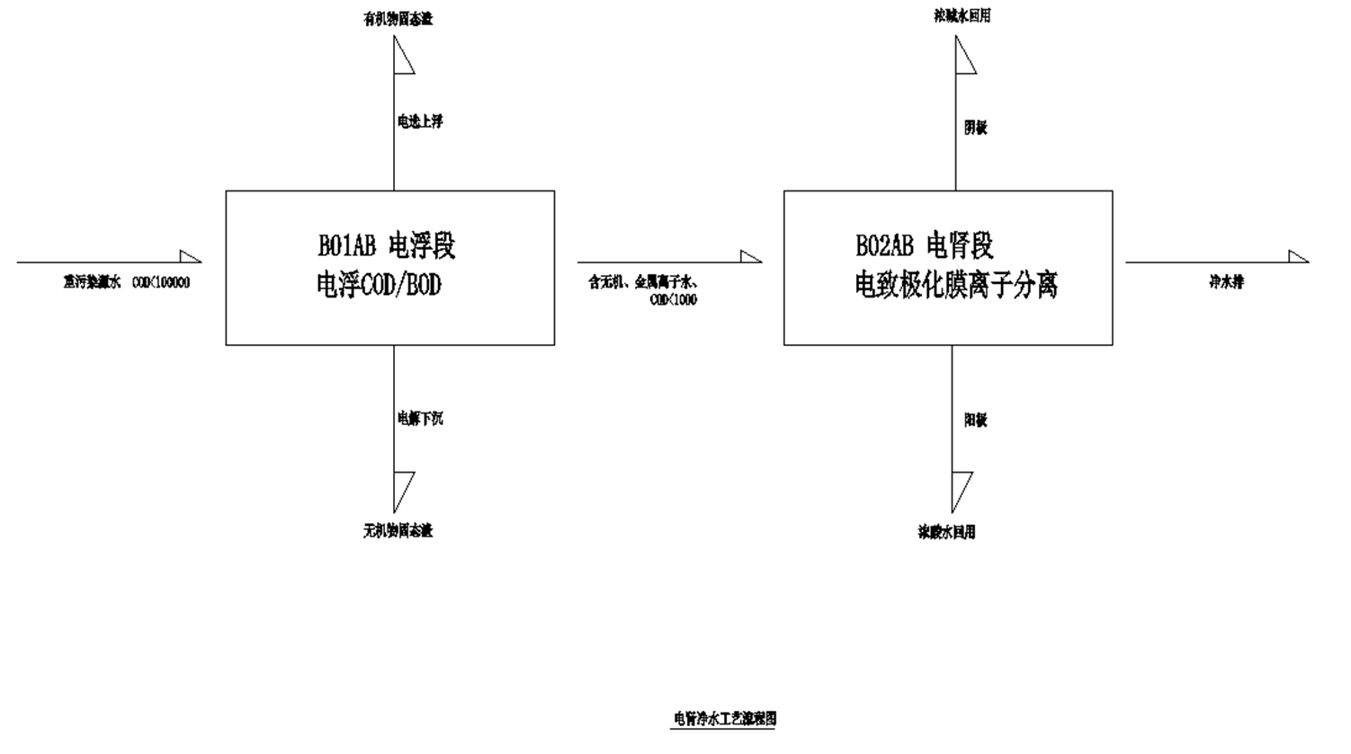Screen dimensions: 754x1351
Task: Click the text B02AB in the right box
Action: click(884, 245)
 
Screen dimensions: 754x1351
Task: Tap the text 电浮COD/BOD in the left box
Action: click(379, 286)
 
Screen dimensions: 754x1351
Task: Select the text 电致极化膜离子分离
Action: click(956, 286)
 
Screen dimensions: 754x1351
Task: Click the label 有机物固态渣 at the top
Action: click(398, 19)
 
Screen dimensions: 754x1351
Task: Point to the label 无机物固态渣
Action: click(398, 531)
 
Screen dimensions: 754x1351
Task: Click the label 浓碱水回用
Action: click(962, 16)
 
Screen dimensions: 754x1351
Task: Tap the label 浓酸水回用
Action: click(947, 532)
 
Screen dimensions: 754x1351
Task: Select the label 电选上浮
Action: click(420, 121)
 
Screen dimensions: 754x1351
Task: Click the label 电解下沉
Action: click(420, 418)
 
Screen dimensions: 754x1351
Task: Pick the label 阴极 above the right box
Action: click(976, 128)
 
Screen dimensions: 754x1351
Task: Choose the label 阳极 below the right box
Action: click(976, 420)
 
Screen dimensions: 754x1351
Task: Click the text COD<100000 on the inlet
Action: click(161, 282)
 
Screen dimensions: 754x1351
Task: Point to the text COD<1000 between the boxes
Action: click(673, 299)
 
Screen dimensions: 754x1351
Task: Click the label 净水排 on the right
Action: click(1226, 282)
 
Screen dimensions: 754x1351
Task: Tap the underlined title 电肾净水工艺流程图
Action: click(725, 719)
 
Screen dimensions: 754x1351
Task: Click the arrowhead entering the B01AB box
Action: click(190, 257)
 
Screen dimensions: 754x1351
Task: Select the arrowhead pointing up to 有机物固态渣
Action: click(402, 57)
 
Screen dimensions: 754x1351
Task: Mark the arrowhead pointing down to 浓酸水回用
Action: click(961, 490)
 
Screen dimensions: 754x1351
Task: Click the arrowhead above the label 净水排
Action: click(1298, 257)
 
